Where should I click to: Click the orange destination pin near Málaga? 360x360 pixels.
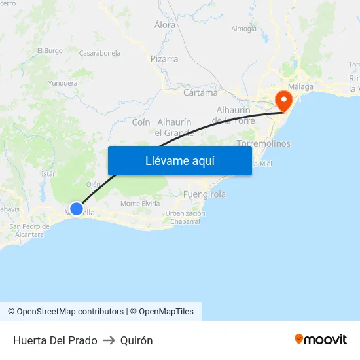284,100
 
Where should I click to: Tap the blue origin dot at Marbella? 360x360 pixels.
77,209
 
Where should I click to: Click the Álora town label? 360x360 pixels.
165,25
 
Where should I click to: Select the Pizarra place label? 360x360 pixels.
164,59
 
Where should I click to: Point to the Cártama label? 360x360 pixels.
200,92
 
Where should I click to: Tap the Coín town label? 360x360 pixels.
141,122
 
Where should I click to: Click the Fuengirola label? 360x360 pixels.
205,194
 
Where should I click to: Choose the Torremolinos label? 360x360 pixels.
263,143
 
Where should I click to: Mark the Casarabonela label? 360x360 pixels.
99,53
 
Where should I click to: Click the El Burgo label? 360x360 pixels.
50,50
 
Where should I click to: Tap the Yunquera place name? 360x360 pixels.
63,83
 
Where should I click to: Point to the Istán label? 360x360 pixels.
49,173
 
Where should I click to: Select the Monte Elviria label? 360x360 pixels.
140,204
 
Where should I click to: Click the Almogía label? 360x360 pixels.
243,29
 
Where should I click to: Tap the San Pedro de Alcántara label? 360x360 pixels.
27,230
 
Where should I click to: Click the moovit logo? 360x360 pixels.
321,340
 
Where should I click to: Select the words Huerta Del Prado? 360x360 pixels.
55,340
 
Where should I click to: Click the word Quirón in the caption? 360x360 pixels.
136,340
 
